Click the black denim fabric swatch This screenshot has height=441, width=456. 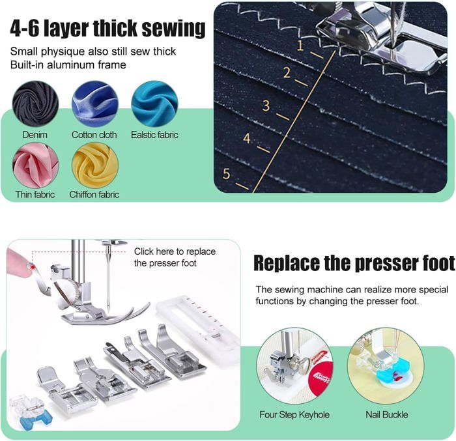35,104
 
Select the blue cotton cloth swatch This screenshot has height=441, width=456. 95,104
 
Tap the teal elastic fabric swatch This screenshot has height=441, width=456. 154,104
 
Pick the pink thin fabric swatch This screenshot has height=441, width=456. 35,165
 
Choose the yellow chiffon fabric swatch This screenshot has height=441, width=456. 95,165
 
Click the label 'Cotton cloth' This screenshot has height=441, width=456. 94,135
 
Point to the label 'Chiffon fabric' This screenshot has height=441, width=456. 94,194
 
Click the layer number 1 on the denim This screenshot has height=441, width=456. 300,46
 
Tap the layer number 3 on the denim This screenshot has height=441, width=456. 266,106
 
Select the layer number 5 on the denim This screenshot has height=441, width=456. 226,174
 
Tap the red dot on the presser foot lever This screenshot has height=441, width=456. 33,267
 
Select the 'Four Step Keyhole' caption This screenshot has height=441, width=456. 294,414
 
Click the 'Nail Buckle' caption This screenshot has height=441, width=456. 387,414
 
